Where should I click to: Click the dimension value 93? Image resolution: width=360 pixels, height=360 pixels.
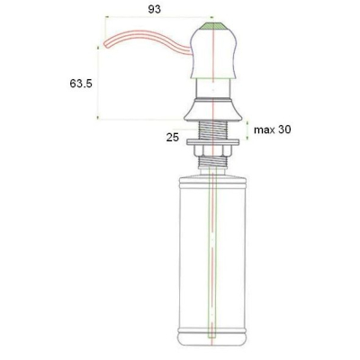pos(155,9)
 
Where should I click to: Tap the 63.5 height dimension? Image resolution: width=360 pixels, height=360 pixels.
pos(81,84)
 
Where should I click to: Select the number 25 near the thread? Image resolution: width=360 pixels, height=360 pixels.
pos(173,138)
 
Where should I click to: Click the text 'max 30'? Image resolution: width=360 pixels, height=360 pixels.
pos(273,130)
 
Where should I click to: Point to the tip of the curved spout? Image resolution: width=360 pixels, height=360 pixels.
pos(105,44)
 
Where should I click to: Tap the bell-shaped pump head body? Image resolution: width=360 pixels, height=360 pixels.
pos(212,54)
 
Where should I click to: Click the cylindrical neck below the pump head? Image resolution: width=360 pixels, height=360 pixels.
pos(212,88)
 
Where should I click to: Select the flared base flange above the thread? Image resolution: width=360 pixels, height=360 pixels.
pos(212,110)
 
